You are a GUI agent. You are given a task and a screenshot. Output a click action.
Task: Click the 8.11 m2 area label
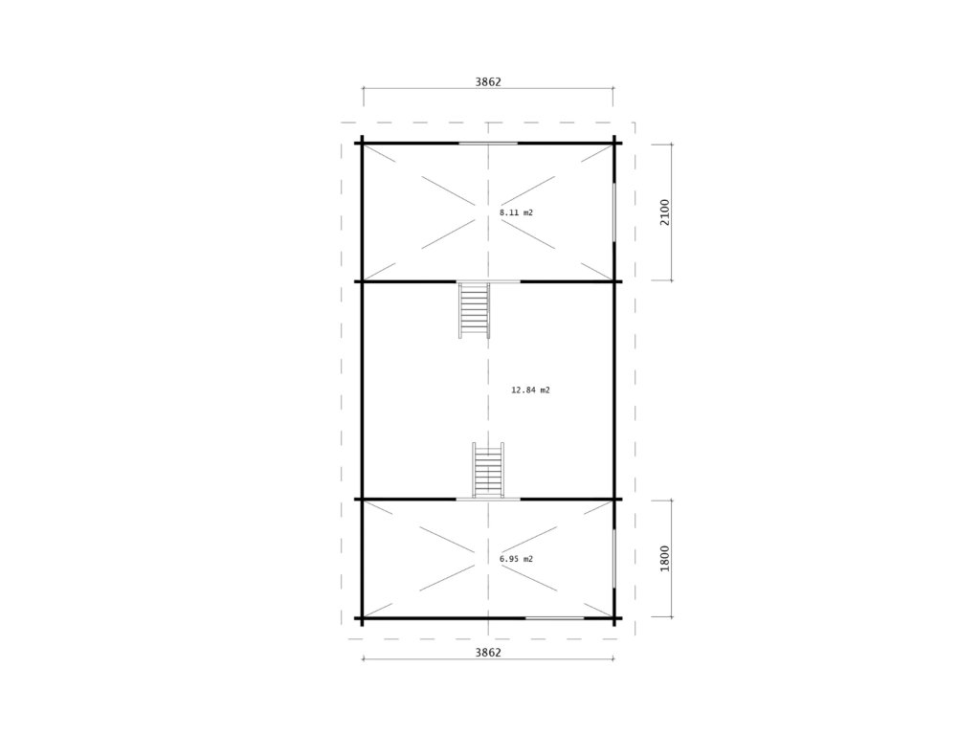coord(516,212)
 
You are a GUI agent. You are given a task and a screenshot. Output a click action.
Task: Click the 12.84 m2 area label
coord(530,390)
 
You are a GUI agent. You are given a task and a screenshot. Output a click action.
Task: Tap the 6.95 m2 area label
coord(516,559)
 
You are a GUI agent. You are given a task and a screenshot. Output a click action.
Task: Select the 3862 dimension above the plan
coord(488,82)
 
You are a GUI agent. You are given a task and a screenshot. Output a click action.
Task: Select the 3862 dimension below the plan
coord(488,653)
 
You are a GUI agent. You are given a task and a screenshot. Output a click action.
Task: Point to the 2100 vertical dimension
coord(664,212)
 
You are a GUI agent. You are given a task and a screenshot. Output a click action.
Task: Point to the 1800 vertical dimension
coord(664,558)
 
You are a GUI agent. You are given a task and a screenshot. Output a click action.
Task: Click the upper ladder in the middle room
coord(475,311)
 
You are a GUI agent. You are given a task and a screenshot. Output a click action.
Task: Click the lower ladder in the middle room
coord(488,470)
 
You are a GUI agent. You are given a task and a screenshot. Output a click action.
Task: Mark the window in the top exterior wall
coord(488,144)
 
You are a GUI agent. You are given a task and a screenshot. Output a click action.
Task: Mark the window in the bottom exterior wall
coord(554,618)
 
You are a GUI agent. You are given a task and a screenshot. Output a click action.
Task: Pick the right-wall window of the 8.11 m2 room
coord(613,212)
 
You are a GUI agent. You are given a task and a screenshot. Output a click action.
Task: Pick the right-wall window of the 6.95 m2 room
coord(613,559)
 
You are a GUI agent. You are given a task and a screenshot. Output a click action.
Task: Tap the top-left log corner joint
coord(363,144)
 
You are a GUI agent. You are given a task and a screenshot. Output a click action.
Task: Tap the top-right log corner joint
coord(613,144)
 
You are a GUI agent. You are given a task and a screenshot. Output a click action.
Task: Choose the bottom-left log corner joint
coord(363,618)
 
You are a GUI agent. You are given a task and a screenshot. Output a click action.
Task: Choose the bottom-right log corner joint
coord(613,618)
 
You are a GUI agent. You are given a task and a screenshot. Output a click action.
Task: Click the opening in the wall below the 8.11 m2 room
coord(488,281)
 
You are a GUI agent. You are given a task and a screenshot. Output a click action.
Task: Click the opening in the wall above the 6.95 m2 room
coord(488,500)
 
